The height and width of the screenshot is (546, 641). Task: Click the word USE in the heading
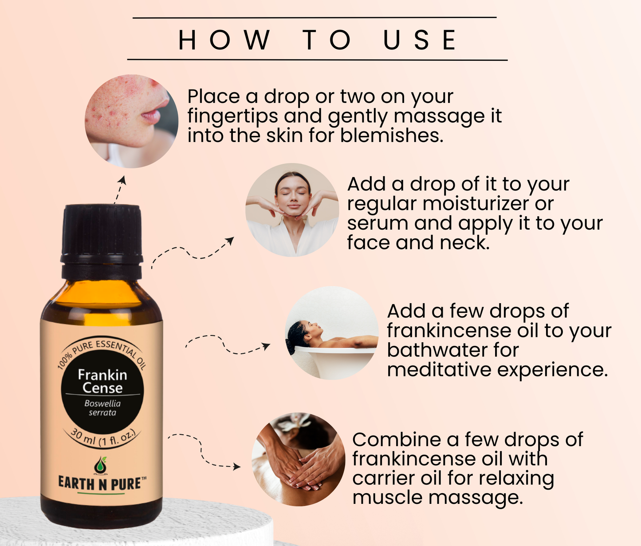[420, 40]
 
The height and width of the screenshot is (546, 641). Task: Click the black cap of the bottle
[102, 242]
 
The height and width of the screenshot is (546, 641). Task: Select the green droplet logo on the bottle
[101, 465]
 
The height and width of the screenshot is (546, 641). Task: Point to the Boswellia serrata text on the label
[102, 408]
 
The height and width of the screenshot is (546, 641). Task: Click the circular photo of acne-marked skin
[131, 121]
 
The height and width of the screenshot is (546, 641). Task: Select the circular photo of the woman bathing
[331, 333]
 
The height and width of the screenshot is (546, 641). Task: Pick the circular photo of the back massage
[299, 459]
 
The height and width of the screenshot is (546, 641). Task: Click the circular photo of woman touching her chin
[292, 210]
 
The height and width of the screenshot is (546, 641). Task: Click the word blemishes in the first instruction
[392, 135]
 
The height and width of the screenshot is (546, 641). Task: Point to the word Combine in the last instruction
[397, 439]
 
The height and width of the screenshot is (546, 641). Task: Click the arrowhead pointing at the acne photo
[123, 180]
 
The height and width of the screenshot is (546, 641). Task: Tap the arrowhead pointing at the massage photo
[237, 466]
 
